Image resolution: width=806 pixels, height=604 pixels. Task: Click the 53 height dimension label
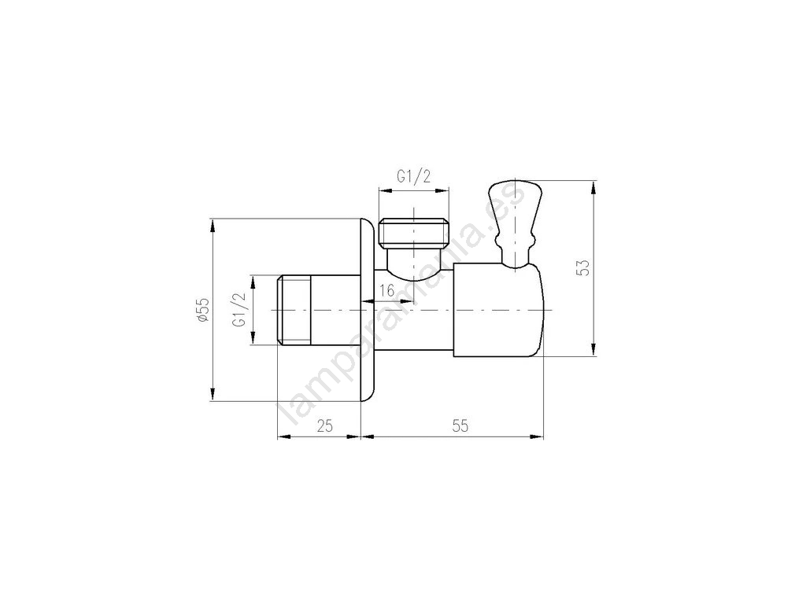(x=583, y=267)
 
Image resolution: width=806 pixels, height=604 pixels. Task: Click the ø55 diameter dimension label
(x=203, y=310)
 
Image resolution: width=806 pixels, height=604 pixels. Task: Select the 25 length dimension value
(x=324, y=425)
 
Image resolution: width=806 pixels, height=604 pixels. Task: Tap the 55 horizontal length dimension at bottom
(x=460, y=425)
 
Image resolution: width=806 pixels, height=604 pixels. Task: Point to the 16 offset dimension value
(x=386, y=291)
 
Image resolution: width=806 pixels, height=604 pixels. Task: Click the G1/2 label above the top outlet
(x=414, y=177)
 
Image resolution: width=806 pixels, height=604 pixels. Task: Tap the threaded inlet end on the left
(x=294, y=310)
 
